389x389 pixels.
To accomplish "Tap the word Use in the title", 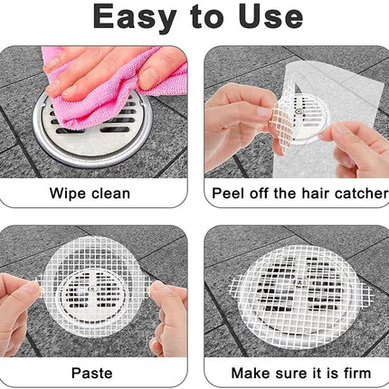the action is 270,17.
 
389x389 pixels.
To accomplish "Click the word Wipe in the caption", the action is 67,194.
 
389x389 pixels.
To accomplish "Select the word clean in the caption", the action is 110,194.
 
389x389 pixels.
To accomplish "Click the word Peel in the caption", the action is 228,194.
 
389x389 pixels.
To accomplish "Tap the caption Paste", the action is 92,373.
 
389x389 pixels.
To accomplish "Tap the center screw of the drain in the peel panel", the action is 299,111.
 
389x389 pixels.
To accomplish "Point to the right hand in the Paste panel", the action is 169,318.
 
